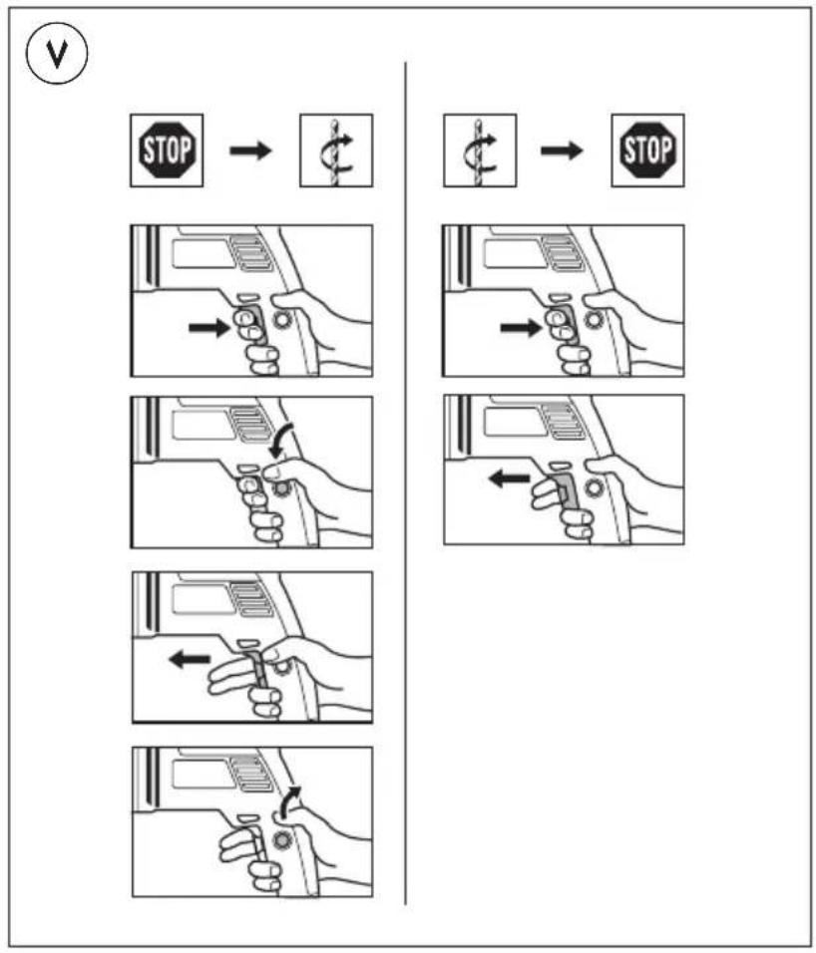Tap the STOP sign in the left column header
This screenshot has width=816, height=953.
tap(168, 152)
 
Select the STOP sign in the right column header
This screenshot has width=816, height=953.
tap(647, 152)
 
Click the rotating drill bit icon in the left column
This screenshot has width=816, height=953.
tap(336, 152)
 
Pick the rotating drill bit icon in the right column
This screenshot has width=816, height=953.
tap(480, 152)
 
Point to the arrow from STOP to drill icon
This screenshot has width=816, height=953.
tap(251, 152)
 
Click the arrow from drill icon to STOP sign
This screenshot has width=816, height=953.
tap(564, 152)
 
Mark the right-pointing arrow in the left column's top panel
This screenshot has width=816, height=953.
tap(207, 326)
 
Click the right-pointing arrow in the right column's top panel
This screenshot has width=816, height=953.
tap(519, 326)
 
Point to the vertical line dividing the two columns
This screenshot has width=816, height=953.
tap(405, 478)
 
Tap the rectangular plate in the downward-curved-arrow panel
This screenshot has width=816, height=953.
tap(204, 425)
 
